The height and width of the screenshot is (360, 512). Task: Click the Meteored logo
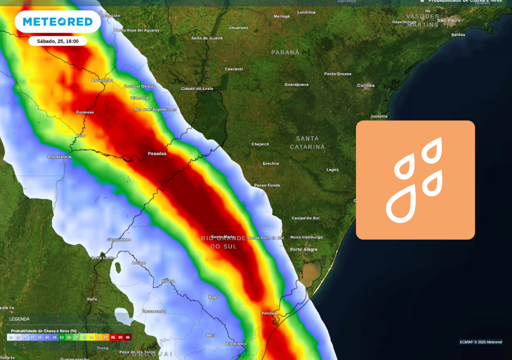(x=58, y=22)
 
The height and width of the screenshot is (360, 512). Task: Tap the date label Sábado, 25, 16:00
(x=58, y=41)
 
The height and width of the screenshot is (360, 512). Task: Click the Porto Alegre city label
(x=304, y=250)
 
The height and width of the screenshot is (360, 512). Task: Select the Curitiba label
(x=366, y=86)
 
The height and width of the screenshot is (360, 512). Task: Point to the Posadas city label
(x=157, y=154)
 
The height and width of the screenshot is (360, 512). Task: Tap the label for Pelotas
(x=269, y=313)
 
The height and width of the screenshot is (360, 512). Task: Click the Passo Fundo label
(x=267, y=185)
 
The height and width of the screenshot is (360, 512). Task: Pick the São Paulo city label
(x=449, y=20)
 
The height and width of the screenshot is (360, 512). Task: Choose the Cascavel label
(x=234, y=69)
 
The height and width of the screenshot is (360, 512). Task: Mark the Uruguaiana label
(x=119, y=240)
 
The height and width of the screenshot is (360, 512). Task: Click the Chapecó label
(x=260, y=144)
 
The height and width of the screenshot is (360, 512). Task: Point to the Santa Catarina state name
(x=307, y=143)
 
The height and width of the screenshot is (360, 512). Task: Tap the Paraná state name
(x=285, y=52)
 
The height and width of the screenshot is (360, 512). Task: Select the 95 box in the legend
(x=128, y=338)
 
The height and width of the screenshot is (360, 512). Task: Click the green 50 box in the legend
(x=62, y=338)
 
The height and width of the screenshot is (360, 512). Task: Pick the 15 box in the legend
(x=11, y=338)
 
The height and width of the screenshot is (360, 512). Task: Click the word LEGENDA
(x=20, y=319)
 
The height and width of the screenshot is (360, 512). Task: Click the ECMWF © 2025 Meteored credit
(x=481, y=342)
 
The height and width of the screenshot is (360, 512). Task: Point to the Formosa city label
(x=85, y=112)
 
